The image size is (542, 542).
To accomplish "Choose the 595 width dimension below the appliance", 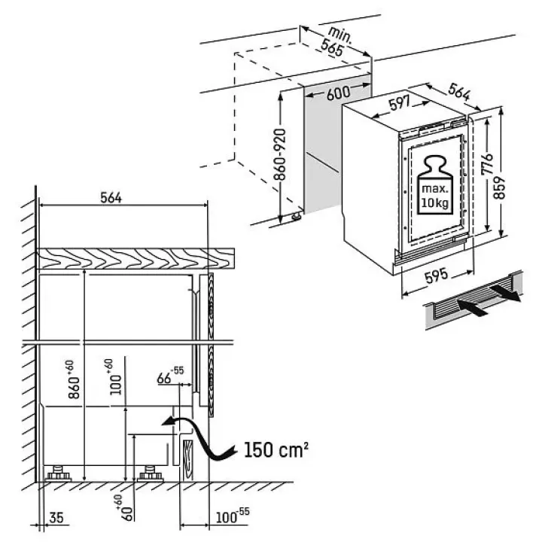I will [x=436, y=276].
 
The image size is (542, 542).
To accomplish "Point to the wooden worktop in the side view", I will [x=135, y=258].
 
